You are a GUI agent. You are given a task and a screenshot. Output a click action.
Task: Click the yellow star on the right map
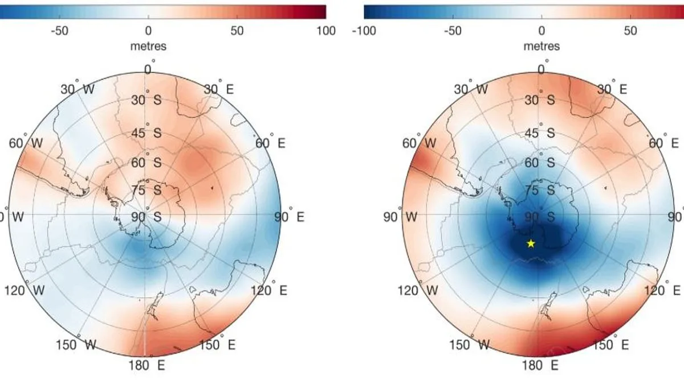click(531, 243)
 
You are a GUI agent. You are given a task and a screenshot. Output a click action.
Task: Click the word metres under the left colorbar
click(148, 46)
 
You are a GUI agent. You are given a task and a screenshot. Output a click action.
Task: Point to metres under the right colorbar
click(541, 46)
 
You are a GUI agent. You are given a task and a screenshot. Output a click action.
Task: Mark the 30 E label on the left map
click(215, 89)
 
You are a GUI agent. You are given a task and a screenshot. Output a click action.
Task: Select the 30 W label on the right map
click(471, 89)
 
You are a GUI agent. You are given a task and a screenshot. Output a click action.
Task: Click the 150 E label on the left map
click(216, 345)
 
